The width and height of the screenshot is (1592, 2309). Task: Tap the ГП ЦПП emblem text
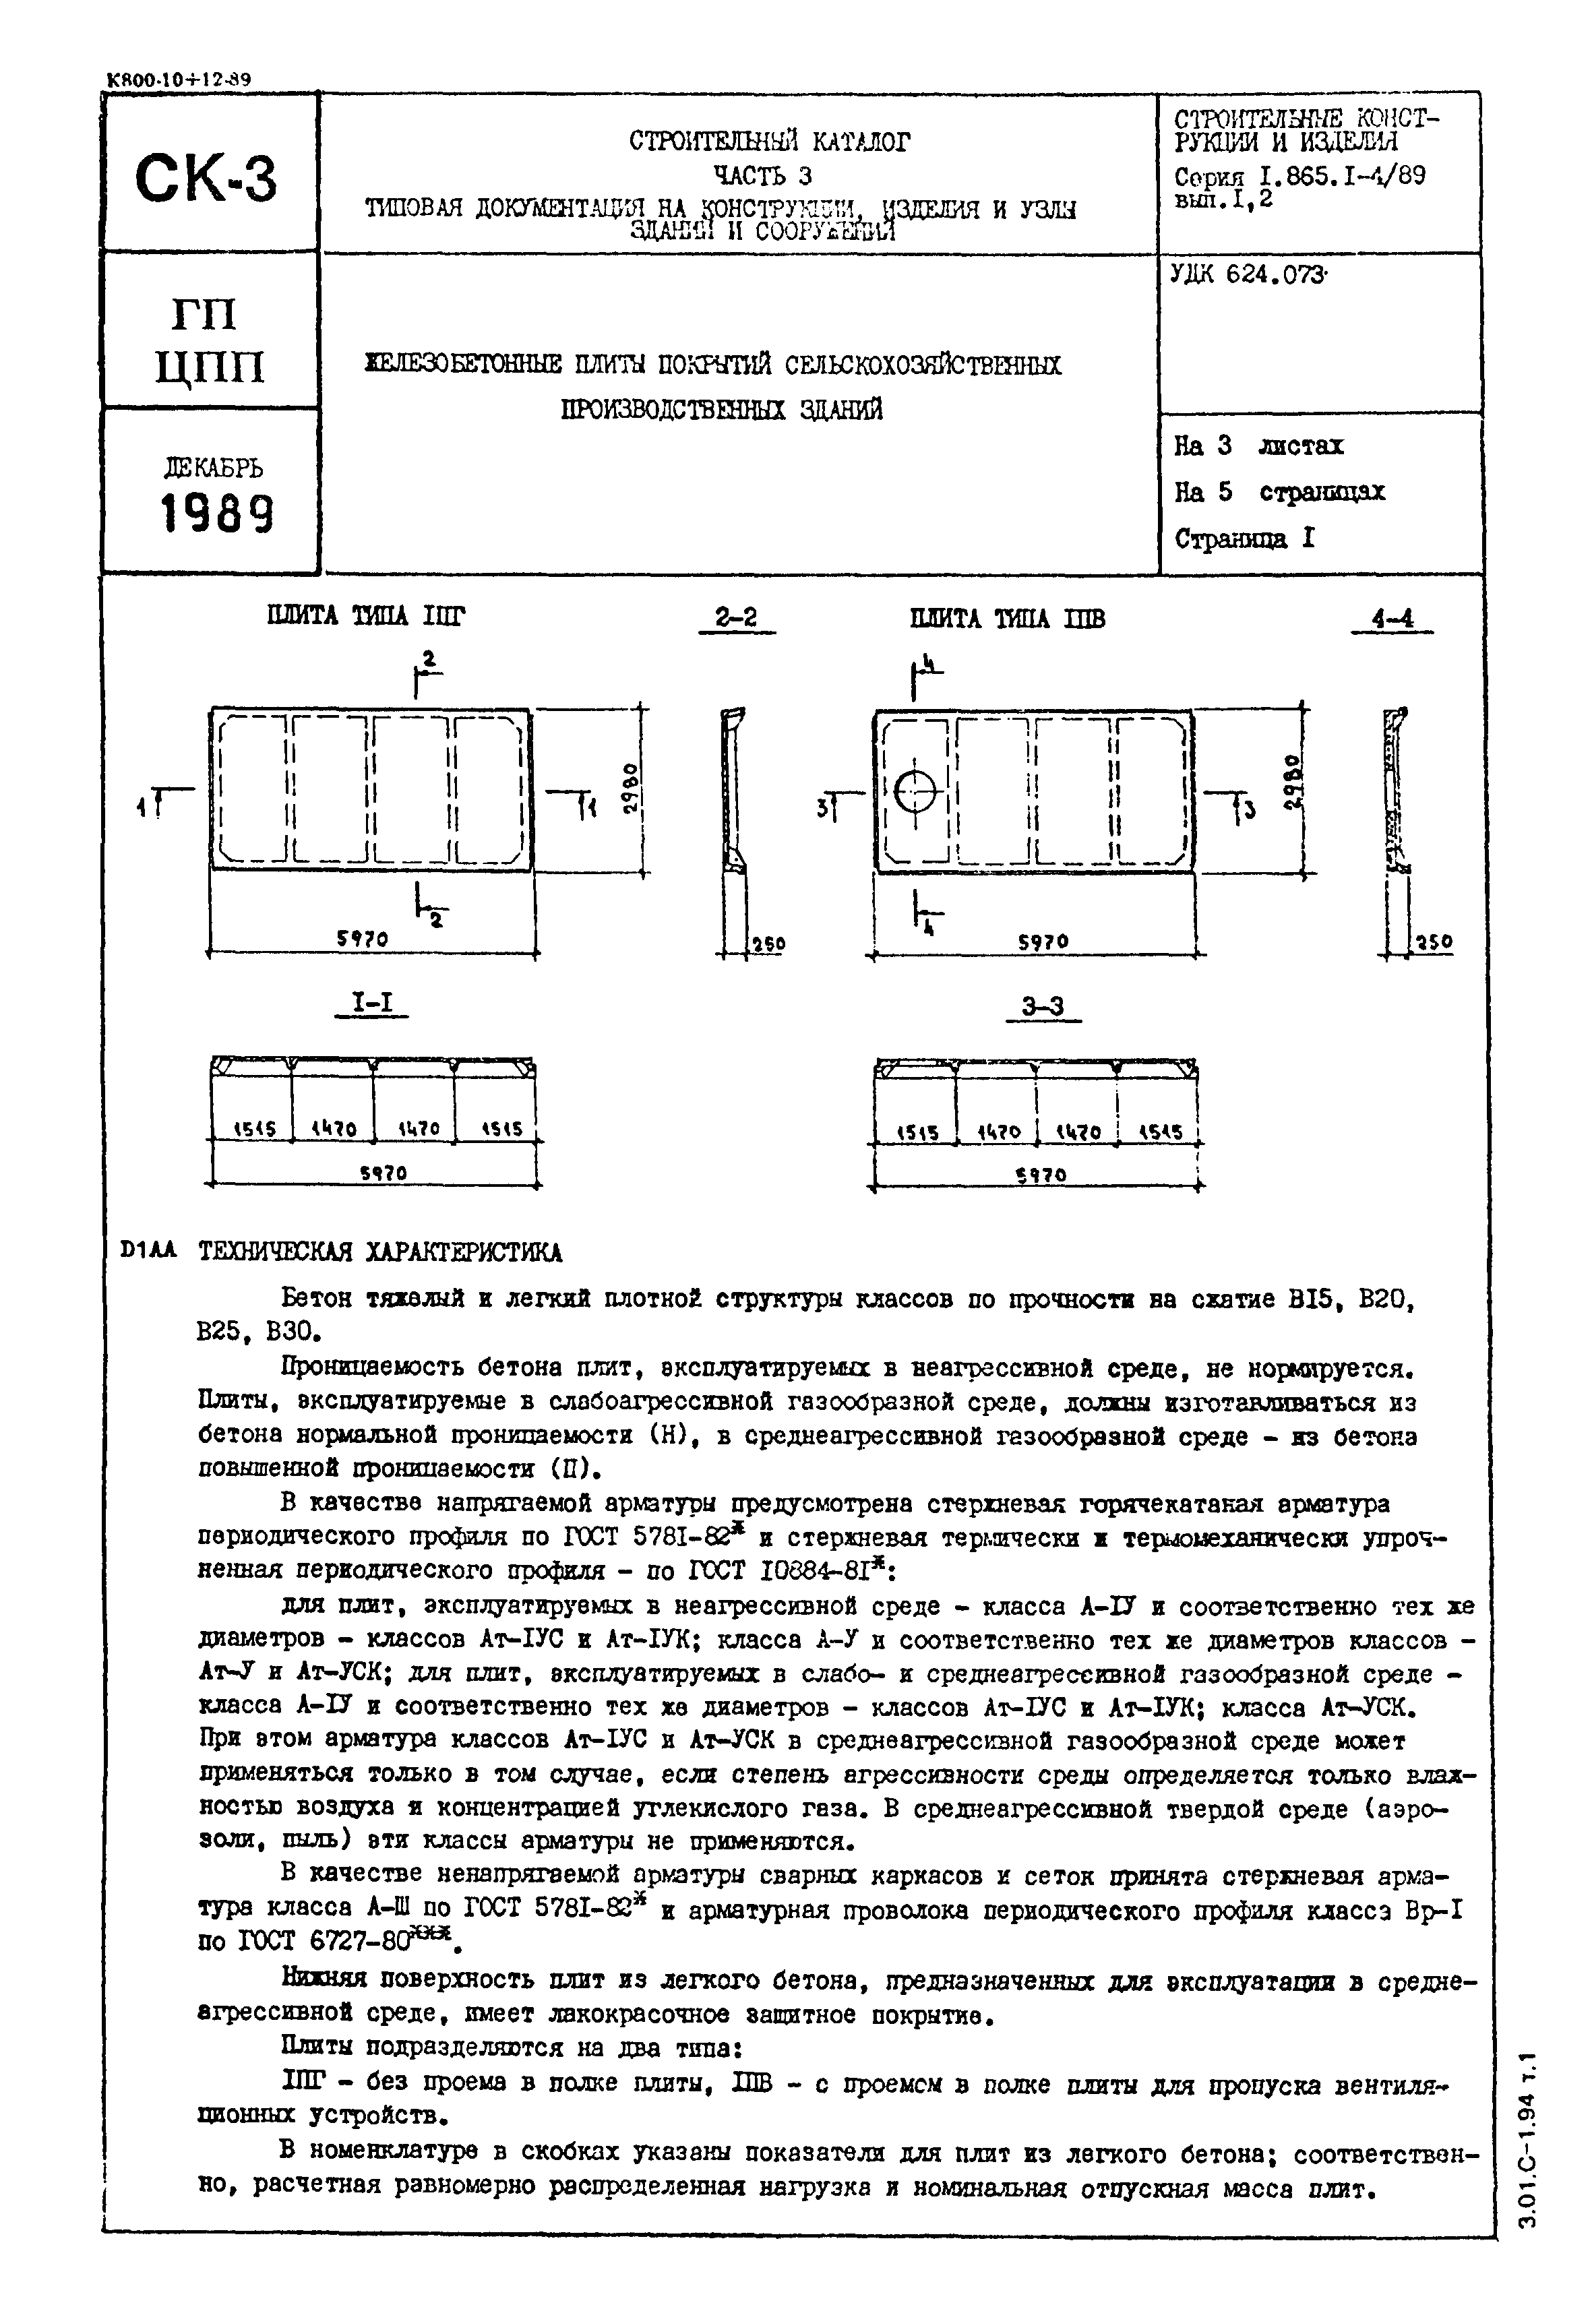coord(210,341)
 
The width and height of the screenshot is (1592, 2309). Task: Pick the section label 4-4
coord(1392,619)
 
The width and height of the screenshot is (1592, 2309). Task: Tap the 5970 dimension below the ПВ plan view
coord(1043,942)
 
